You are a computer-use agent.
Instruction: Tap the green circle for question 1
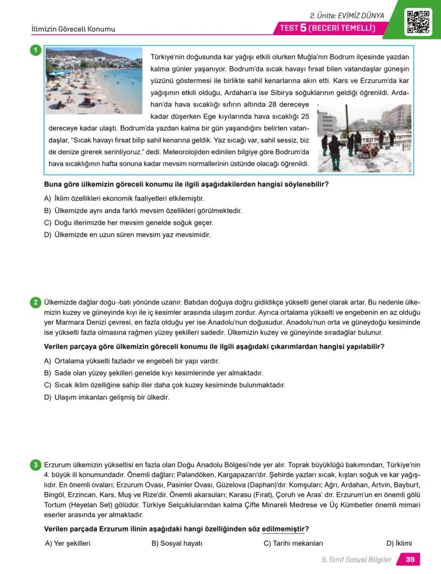[x=35, y=51]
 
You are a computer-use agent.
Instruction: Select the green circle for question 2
[x=35, y=303]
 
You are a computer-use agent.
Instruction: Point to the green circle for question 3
[x=35, y=465]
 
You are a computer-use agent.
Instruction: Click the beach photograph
[x=93, y=81]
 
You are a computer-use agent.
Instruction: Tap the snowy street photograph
[x=364, y=138]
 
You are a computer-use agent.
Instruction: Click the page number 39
[x=410, y=560]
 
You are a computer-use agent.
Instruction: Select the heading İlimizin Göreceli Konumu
[x=73, y=29]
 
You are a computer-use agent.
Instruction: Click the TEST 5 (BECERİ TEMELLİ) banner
[x=328, y=28]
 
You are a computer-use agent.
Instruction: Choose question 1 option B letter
[x=47, y=211]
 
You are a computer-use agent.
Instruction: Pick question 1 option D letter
[x=47, y=235]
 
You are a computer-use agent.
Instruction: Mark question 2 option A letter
[x=47, y=361]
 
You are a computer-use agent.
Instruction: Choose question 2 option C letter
[x=47, y=385]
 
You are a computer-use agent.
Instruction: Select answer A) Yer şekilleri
[x=68, y=544]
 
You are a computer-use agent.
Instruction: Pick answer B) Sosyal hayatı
[x=177, y=544]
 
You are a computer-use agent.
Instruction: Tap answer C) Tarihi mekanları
[x=293, y=544]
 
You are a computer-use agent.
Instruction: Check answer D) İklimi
[x=399, y=544]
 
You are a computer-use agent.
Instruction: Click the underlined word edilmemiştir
[x=283, y=529]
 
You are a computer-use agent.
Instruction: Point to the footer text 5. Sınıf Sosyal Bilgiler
[x=356, y=560]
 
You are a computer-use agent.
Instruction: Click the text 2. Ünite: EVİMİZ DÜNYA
[x=347, y=15]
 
